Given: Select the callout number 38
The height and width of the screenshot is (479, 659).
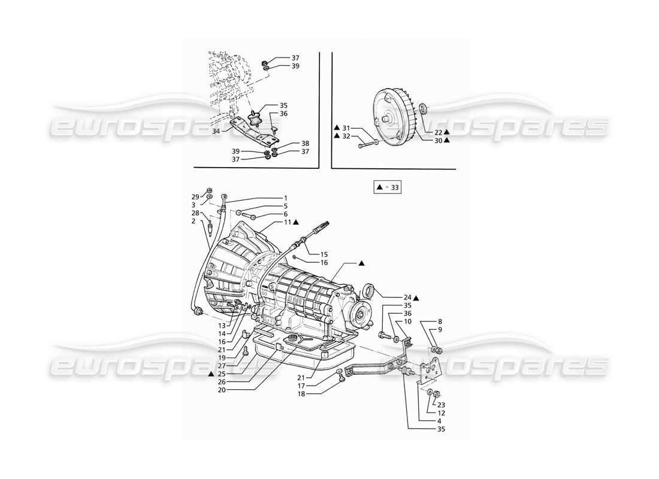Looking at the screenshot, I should click(x=305, y=144).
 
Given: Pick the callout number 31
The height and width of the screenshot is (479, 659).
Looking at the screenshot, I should click(x=345, y=128).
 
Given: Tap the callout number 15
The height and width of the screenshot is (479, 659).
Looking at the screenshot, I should click(x=324, y=254).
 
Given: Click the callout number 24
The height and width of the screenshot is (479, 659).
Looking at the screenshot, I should click(x=407, y=297).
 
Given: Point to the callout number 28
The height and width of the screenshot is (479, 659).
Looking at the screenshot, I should click(x=195, y=213).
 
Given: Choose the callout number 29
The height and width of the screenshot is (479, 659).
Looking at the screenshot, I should click(x=195, y=196).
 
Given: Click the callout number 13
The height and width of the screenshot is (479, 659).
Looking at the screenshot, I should click(x=222, y=325).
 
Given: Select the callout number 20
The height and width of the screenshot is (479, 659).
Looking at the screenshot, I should click(x=222, y=390).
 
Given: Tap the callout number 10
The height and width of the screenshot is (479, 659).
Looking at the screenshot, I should click(x=407, y=322).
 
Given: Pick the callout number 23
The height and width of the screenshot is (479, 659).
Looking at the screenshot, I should click(x=441, y=404).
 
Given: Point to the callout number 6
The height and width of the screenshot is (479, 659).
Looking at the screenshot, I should click(x=285, y=214).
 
